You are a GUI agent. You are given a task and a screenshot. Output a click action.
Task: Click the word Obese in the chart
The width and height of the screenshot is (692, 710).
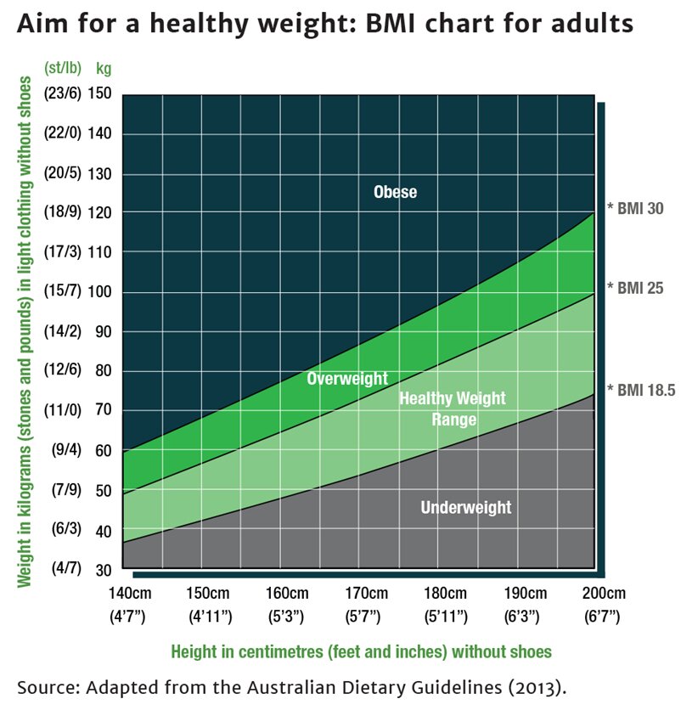tap(395, 192)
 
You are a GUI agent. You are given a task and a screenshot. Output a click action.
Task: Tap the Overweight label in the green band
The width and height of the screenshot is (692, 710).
tap(346, 379)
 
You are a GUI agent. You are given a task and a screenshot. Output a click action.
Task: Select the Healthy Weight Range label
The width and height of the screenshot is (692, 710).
tap(452, 409)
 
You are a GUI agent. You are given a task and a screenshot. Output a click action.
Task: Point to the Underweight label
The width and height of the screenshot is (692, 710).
tap(466, 508)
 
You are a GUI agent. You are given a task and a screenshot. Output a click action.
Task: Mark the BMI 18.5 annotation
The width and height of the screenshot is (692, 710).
tap(641, 390)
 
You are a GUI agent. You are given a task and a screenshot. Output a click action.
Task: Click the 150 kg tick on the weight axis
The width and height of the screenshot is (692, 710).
tap(98, 93)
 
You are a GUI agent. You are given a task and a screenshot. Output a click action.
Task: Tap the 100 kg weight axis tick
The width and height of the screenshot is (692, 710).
tap(98, 292)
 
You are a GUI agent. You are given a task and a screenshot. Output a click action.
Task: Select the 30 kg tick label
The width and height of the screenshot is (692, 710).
tap(102, 568)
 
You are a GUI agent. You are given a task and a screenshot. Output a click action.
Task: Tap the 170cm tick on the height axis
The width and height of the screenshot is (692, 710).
tap(367, 594)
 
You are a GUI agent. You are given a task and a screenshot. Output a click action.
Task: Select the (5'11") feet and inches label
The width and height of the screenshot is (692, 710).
tap(446, 614)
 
